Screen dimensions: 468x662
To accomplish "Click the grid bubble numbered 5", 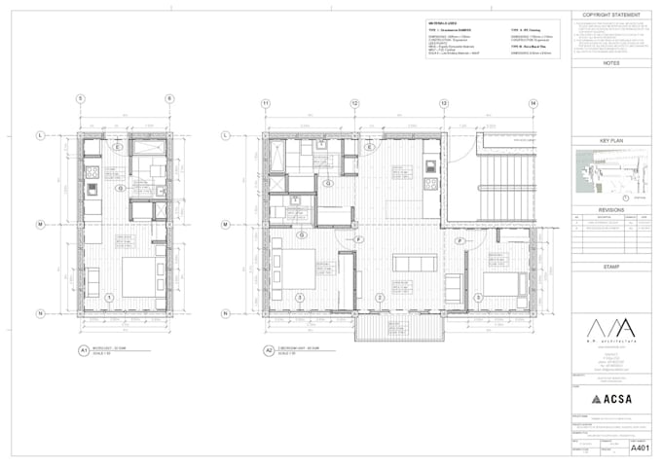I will pyautogui.click(x=82, y=99).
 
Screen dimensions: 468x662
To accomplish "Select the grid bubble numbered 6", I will pyautogui.click(x=168, y=99).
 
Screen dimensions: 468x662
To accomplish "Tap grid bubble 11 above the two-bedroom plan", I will pyautogui.click(x=265, y=102).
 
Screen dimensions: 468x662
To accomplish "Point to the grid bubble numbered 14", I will pyautogui.click(x=533, y=102).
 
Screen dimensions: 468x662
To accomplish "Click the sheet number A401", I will pyautogui.click(x=639, y=450).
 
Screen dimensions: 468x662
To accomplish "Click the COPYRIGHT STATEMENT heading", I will pyautogui.click(x=611, y=16).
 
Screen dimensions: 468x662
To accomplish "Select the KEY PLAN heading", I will pyautogui.click(x=611, y=140).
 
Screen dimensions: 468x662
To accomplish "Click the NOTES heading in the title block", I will pyautogui.click(x=611, y=63).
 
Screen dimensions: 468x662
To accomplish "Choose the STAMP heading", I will pyautogui.click(x=611, y=266).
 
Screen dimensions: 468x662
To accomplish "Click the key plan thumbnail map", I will pyautogui.click(x=609, y=175).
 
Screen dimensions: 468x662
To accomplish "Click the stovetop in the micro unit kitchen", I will pyautogui.click(x=92, y=189).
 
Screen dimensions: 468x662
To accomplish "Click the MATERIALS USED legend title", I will pyautogui.click(x=442, y=22).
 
